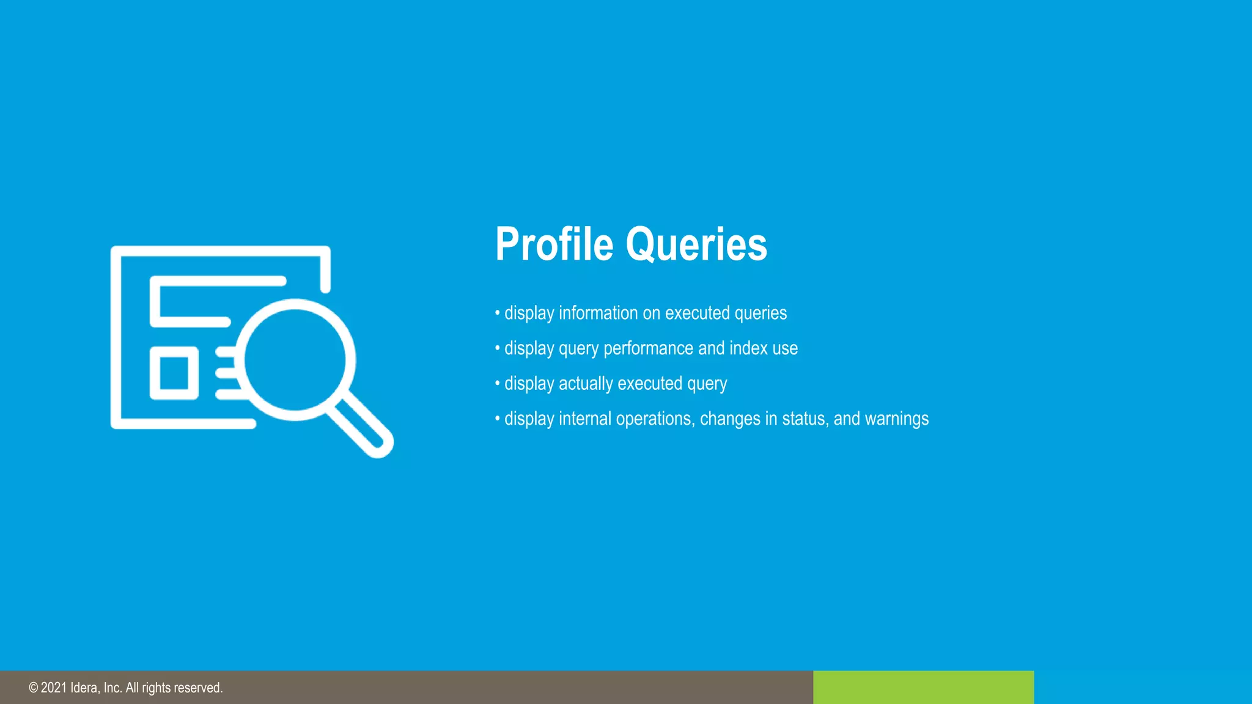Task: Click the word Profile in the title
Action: [x=554, y=244]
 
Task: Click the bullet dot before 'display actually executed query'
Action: [x=497, y=384]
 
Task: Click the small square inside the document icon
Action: [x=174, y=373]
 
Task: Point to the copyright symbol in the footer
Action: [x=33, y=688]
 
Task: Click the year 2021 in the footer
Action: [x=54, y=688]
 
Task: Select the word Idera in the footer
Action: [x=84, y=688]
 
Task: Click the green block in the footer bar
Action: [x=923, y=687]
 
